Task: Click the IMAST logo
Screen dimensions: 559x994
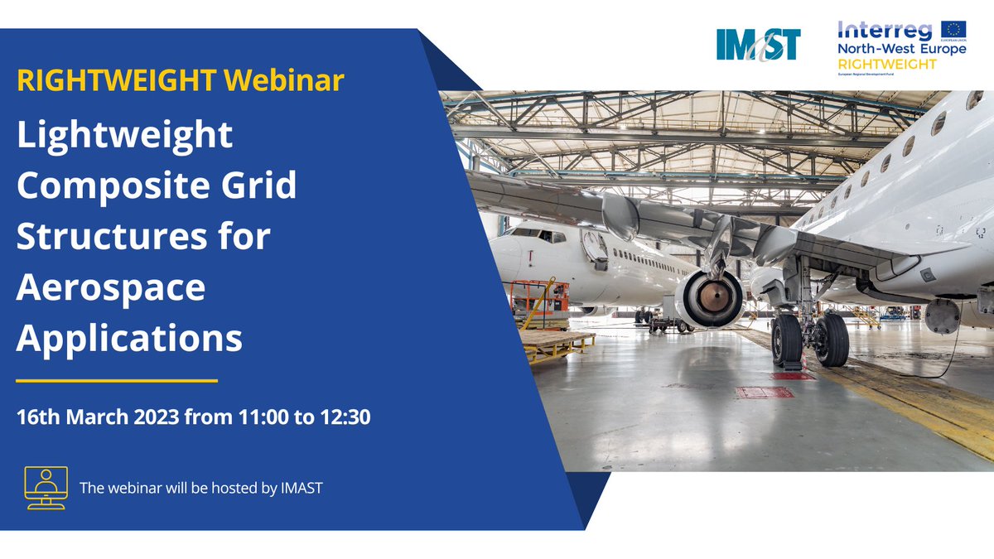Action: [x=758, y=44]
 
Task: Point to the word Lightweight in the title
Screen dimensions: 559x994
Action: [x=125, y=135]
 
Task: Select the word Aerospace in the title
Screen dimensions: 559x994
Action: [x=111, y=287]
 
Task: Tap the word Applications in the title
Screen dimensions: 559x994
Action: [x=130, y=338]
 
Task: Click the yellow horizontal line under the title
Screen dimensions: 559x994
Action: [x=117, y=381]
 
